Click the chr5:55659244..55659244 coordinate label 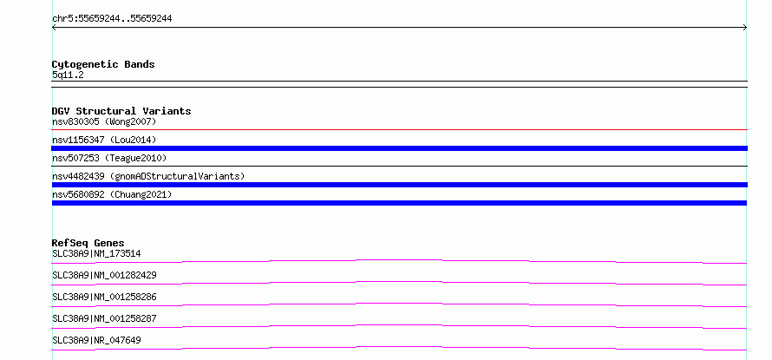pos(112,19)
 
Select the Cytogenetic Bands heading pos(103,64)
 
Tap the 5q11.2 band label pos(68,75)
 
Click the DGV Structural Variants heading pos(121,111)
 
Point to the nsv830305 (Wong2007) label pos(104,121)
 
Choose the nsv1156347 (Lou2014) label pos(104,140)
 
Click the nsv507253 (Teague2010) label pos(109,158)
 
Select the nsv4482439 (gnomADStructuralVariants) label pos(148,176)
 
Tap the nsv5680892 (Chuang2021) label pos(112,194)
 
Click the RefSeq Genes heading pos(88,243)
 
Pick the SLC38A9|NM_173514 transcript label pos(96,253)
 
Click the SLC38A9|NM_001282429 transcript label pos(104,275)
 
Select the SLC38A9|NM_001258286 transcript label pos(104,297)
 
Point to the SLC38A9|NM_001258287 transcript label pos(104,318)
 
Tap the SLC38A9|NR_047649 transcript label pos(96,340)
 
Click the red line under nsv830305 pos(399,130)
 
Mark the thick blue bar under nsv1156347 pos(399,148)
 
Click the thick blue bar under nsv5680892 pos(399,203)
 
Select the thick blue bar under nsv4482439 pos(399,185)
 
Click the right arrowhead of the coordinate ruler pos(745,28)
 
